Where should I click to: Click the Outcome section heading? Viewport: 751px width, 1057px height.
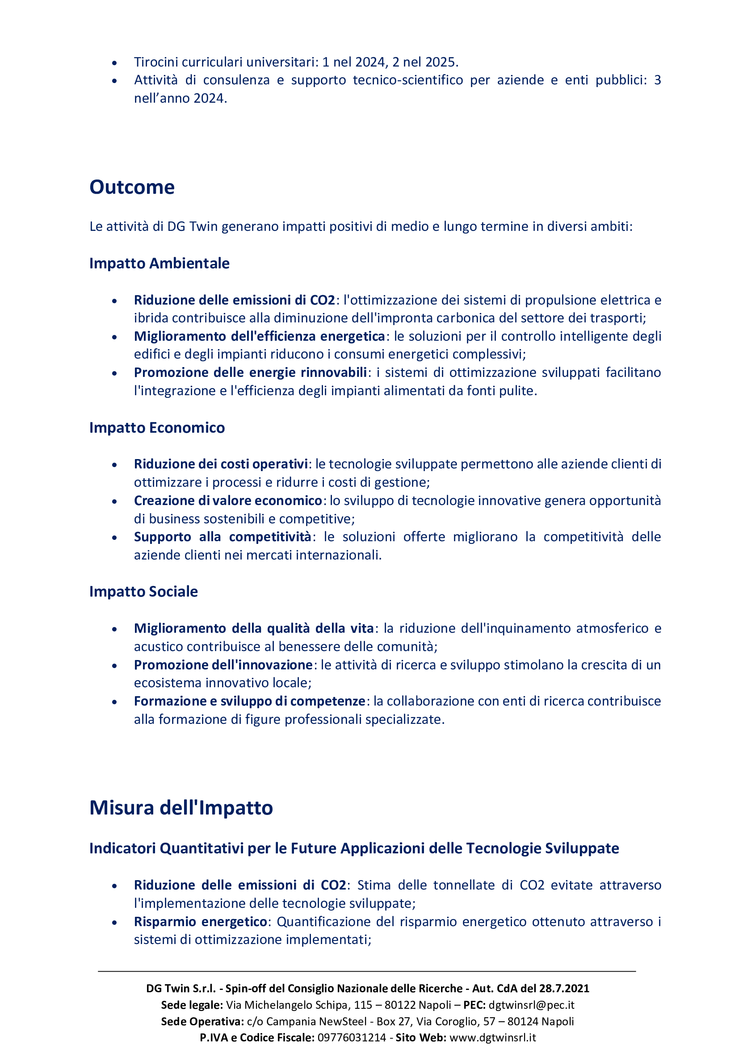(x=132, y=187)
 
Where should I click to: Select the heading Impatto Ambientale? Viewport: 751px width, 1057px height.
(x=159, y=263)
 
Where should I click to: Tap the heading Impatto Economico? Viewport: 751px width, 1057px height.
(x=157, y=428)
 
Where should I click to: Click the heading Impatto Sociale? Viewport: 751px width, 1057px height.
(x=143, y=592)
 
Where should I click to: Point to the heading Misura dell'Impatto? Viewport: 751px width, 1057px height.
(x=181, y=808)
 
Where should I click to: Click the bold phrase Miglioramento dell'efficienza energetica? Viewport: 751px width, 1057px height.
(x=260, y=336)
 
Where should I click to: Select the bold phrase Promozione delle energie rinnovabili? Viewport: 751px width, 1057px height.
(x=250, y=372)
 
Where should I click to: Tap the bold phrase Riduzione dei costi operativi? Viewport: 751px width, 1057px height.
(x=221, y=464)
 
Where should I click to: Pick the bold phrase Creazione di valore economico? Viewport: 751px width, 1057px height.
(x=228, y=501)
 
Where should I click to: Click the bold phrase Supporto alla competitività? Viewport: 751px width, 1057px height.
(x=222, y=537)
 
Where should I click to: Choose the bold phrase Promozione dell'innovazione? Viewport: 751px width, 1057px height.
(x=223, y=665)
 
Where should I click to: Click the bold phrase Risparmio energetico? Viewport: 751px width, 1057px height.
(x=200, y=922)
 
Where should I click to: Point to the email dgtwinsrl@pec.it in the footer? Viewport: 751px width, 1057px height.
(x=531, y=1005)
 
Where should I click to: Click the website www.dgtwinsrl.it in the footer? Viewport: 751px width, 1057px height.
(x=492, y=1038)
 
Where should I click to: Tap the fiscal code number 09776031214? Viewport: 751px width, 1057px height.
(x=352, y=1038)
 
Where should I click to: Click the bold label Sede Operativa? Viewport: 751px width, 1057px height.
(x=202, y=1021)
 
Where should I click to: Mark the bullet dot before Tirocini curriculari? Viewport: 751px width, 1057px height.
(x=114, y=63)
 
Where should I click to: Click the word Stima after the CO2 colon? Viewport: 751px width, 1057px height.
(x=374, y=885)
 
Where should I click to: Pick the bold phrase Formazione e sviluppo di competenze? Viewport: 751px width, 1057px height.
(x=250, y=701)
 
